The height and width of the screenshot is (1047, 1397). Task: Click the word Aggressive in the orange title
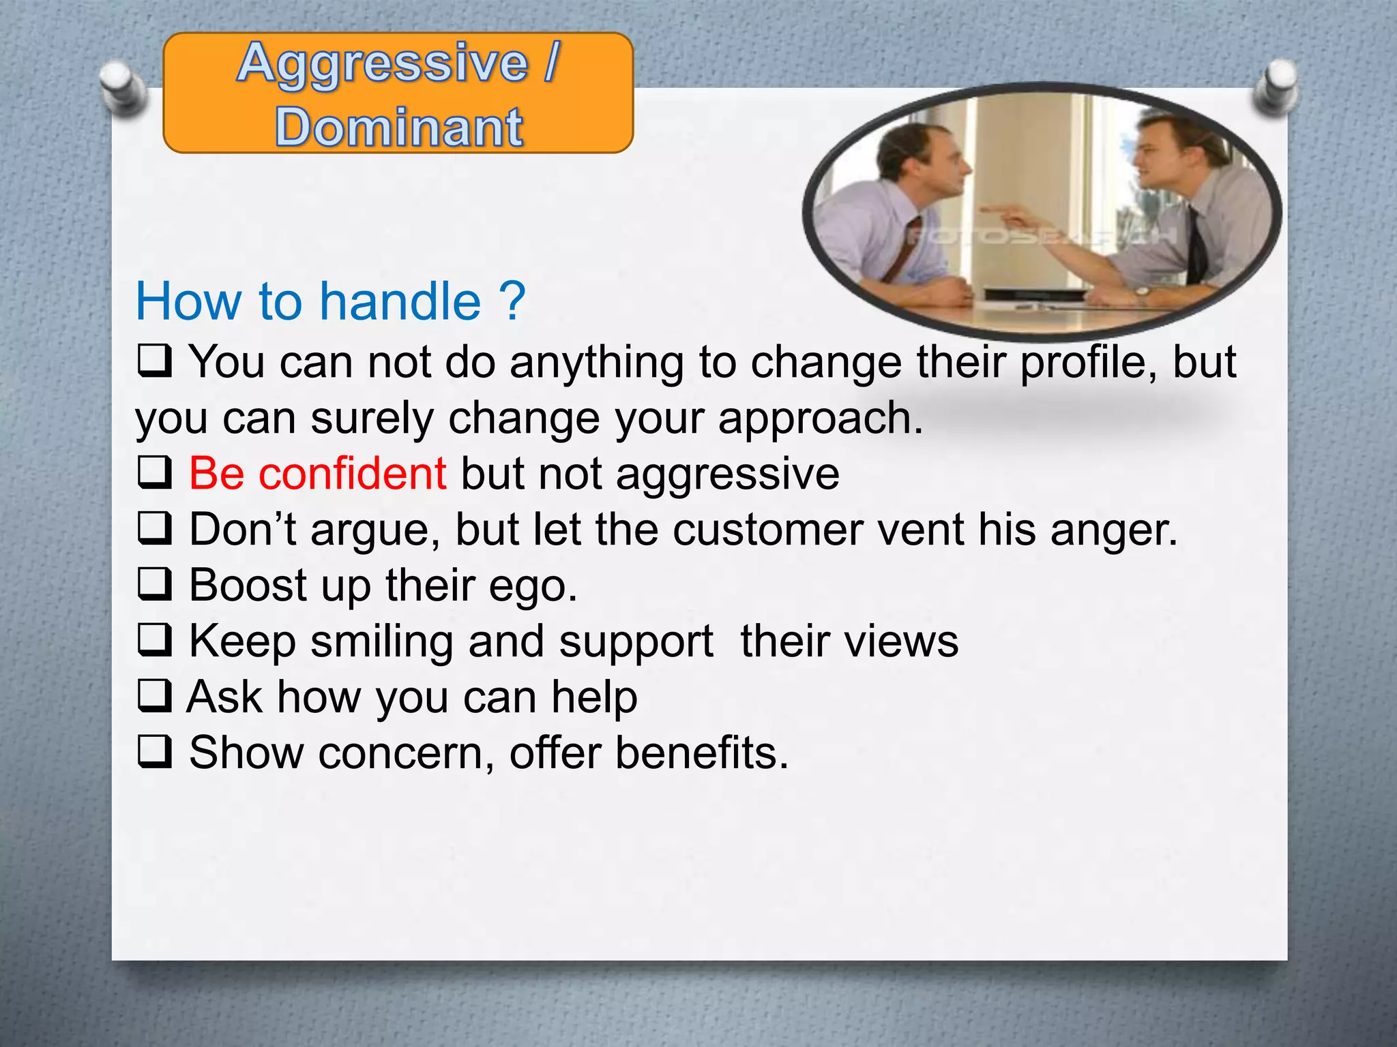click(383, 63)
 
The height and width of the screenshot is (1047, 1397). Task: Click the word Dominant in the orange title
click(399, 127)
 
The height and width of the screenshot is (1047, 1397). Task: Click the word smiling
click(382, 642)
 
